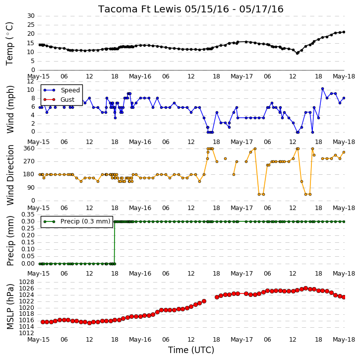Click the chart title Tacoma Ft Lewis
tap(140, 9)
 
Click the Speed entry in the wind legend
tap(62, 90)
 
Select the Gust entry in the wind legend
tap(59, 99)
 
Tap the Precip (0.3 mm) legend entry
tap(77, 221)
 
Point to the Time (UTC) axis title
tap(191, 350)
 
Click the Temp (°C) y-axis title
tap(9, 44)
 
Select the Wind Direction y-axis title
tap(10, 175)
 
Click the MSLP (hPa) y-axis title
tap(10, 306)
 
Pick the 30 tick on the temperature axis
tap(31, 16)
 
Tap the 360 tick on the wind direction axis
tap(29, 148)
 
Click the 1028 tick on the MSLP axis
tap(26, 282)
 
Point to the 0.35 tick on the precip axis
tap(28, 215)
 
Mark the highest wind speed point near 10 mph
tap(323, 88)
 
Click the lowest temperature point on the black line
tap(298, 53)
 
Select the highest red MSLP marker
tap(305, 288)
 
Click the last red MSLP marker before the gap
tap(204, 301)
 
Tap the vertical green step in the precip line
tap(115, 242)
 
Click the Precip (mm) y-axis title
tap(10, 241)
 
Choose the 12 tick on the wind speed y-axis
tap(31, 81)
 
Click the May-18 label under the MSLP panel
tap(344, 339)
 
